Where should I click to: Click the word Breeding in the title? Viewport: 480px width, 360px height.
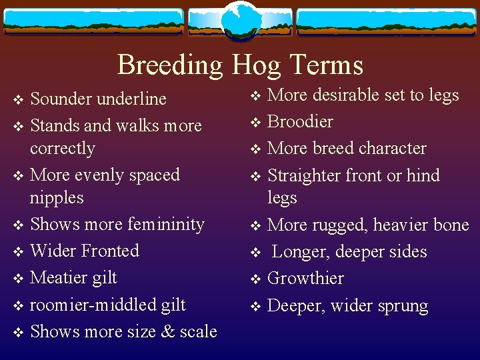pyautogui.click(x=170, y=65)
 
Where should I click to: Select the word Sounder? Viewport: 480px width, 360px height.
pyautogui.click(x=61, y=99)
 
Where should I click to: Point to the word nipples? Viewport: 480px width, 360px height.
pyautogui.click(x=57, y=198)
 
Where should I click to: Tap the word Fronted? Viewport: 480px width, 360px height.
pyautogui.click(x=111, y=251)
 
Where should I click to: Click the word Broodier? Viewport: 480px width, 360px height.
pyautogui.click(x=300, y=122)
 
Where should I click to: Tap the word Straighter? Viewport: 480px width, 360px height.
pyautogui.click(x=309, y=175)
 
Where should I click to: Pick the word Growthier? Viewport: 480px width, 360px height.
pyautogui.click(x=305, y=279)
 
